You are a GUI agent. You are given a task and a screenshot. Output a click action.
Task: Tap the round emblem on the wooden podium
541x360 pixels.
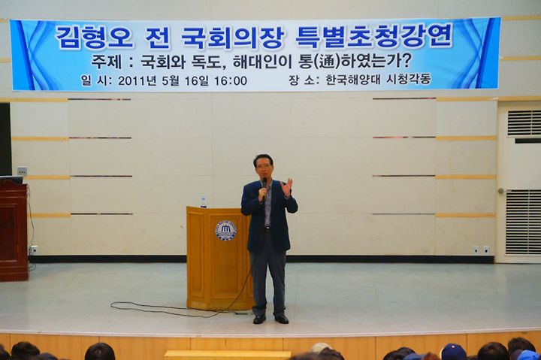tap(225, 231)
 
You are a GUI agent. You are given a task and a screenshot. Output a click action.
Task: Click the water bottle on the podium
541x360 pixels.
tap(204, 201)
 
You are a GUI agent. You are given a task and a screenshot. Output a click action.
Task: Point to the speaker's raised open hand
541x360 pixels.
tap(286, 187)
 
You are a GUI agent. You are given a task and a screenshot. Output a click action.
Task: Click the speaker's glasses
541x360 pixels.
tap(263, 166)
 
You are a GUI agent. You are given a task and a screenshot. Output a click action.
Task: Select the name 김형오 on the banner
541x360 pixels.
tap(94, 37)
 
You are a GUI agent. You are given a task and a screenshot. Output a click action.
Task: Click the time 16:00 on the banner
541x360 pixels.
tap(231, 80)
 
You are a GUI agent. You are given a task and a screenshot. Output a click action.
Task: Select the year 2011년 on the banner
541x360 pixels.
tap(136, 81)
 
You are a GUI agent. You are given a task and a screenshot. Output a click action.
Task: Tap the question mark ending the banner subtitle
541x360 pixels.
tap(406, 62)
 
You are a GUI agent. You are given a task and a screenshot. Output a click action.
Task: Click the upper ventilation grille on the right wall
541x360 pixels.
tap(524, 123)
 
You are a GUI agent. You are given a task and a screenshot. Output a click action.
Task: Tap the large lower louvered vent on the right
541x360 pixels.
tap(523, 222)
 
